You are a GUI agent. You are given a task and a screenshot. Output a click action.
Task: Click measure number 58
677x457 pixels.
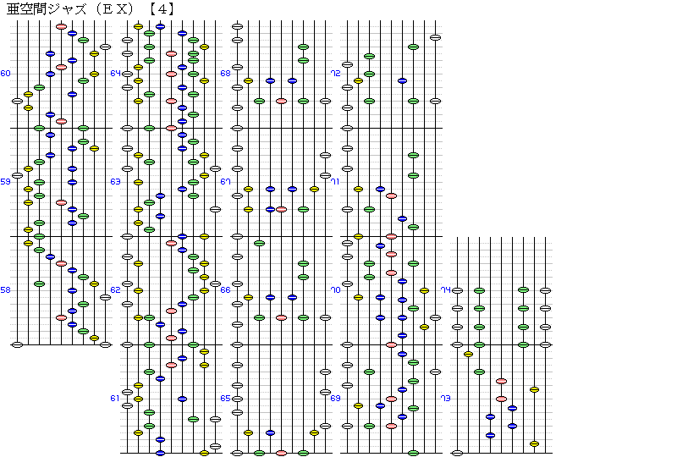(5, 289)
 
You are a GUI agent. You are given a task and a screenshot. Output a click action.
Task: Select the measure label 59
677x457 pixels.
(5, 182)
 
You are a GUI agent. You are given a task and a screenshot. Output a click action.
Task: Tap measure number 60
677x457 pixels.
(5, 74)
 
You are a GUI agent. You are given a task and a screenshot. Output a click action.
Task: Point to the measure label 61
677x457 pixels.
(115, 399)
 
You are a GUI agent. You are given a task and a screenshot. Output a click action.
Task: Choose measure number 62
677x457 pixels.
(115, 289)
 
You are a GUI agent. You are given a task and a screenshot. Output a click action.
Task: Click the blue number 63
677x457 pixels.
(115, 182)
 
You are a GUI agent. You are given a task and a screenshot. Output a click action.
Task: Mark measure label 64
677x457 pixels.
(115, 74)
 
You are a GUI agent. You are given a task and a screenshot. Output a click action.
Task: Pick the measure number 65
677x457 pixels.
(225, 399)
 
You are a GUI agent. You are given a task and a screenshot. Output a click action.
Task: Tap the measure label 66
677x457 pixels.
(225, 289)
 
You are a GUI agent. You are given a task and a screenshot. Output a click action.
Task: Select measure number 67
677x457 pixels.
(225, 182)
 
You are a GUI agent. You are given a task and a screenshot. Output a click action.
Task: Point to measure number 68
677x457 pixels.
(225, 74)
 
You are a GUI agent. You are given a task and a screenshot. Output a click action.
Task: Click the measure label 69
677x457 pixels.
(335, 399)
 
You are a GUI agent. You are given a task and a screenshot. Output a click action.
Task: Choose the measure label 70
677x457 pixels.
(335, 289)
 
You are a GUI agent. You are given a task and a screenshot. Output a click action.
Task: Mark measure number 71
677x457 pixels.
(335, 182)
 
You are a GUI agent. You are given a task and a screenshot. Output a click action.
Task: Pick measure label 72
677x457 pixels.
(335, 74)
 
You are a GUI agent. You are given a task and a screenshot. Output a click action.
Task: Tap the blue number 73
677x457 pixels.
(445, 399)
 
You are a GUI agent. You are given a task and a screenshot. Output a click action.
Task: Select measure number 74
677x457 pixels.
(446, 289)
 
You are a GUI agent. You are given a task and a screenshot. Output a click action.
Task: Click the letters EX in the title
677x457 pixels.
(115, 9)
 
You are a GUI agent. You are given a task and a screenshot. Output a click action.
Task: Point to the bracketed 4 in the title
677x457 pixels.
(162, 9)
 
